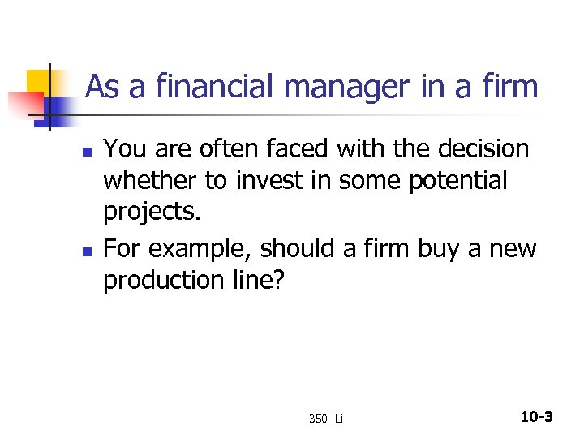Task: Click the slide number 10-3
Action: click(x=536, y=417)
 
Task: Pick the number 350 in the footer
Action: click(x=317, y=419)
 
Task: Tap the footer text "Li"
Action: click(x=339, y=419)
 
